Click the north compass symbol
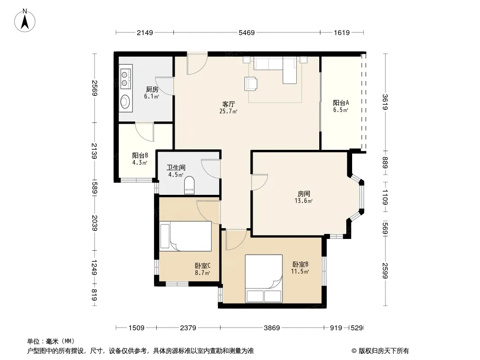[25, 21]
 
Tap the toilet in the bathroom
[190, 185]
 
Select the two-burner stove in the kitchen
[125, 79]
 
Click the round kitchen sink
[125, 101]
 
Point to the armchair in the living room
[251, 84]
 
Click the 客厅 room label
[228, 104]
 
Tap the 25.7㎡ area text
[228, 111]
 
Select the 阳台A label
[341, 103]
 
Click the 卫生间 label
[176, 167]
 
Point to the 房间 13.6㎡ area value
[303, 201]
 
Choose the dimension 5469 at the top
[247, 32]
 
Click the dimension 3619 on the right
[385, 102]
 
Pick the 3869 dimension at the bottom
[272, 328]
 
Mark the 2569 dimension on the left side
[94, 88]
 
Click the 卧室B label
[300, 264]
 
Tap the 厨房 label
[152, 89]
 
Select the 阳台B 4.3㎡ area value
[140, 163]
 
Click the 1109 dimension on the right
[385, 197]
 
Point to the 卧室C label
[203, 265]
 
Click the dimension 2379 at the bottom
[188, 328]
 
